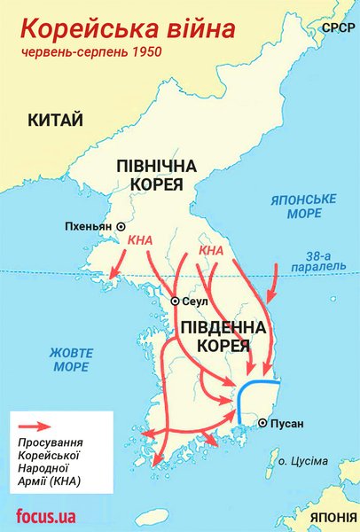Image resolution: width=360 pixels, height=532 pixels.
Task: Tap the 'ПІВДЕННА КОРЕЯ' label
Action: pyautogui.click(x=223, y=336)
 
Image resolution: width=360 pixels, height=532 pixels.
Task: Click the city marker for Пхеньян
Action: pyautogui.click(x=121, y=227)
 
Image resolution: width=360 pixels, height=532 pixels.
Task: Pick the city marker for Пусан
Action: pyautogui.click(x=262, y=423)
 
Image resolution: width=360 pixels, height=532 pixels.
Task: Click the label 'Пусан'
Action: pyautogui.click(x=287, y=424)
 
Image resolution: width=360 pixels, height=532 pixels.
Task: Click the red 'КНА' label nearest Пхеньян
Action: pyautogui.click(x=139, y=240)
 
